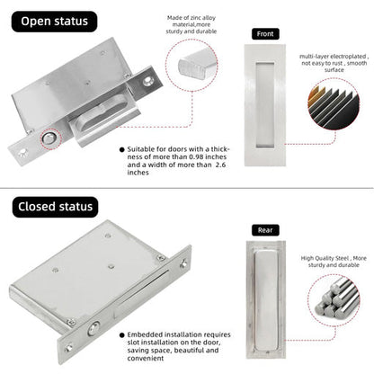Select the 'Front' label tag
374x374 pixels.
265,34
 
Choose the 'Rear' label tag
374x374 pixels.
265,230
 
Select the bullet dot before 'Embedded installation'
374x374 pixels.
122,334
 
